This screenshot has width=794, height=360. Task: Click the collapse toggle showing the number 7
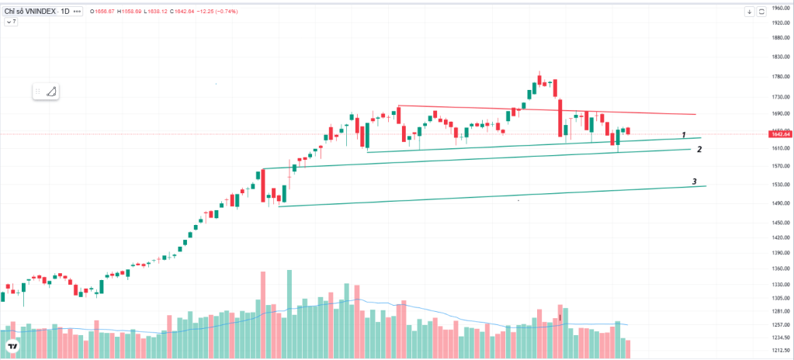[x=11, y=22]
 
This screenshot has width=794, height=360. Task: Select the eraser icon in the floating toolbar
[x=51, y=92]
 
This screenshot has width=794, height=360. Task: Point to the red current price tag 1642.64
[x=775, y=134]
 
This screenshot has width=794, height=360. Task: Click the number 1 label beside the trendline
[x=684, y=135]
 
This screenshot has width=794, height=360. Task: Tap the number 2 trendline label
[x=699, y=149]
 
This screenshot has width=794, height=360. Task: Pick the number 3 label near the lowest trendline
[x=695, y=182]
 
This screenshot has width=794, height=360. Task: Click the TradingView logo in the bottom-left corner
[x=12, y=347]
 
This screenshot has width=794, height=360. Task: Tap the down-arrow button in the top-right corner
[x=749, y=12]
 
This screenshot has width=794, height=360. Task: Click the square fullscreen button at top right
[x=761, y=12]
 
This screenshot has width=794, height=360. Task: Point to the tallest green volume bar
[x=290, y=314]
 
